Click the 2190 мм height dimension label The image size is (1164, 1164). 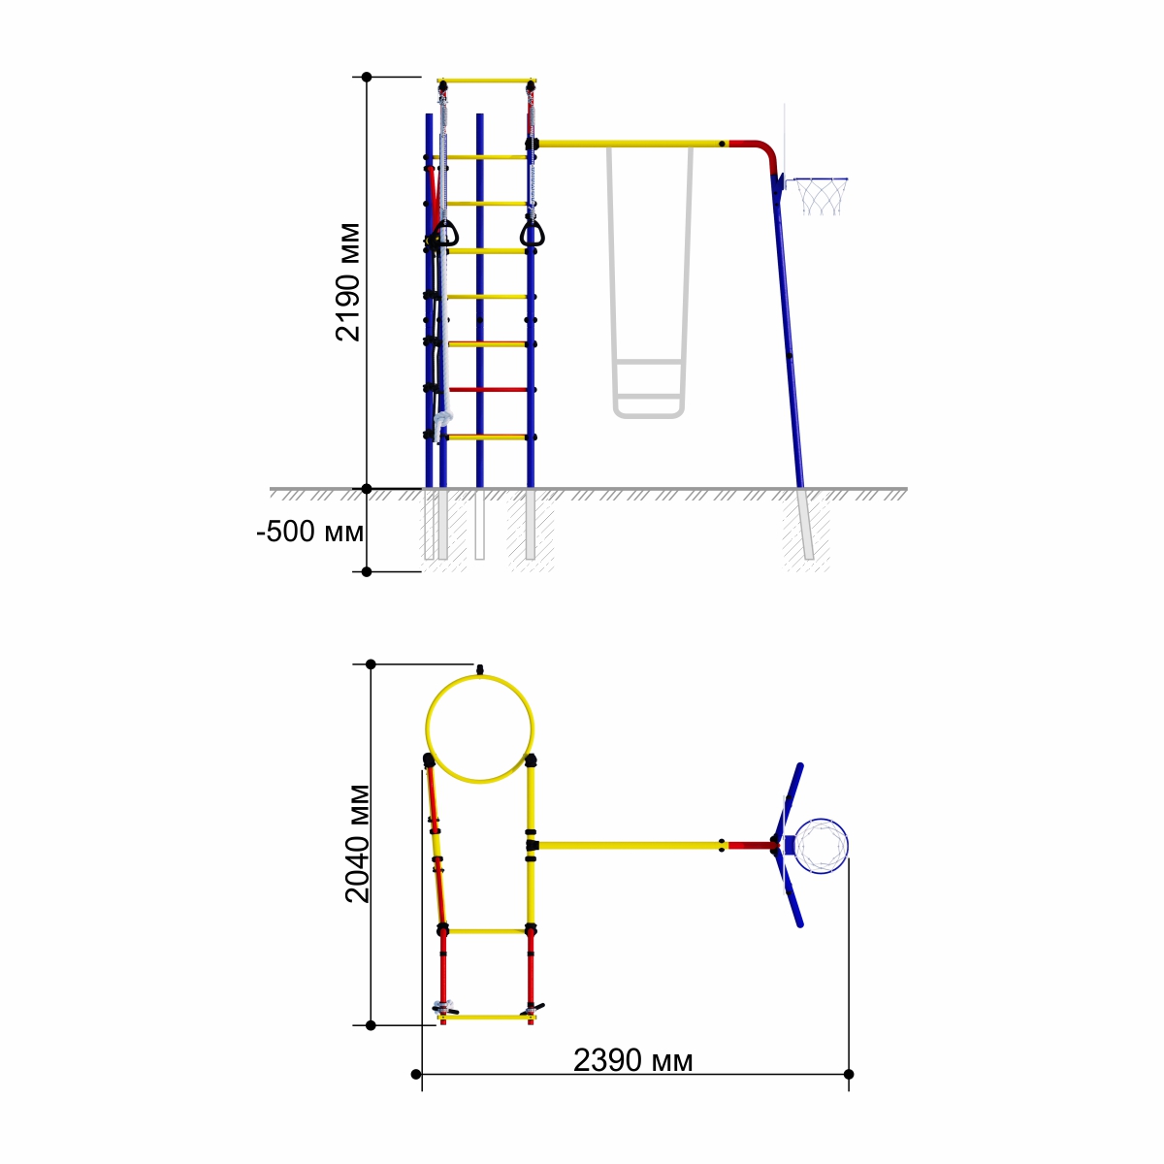point(348,282)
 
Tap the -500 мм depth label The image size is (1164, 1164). point(309,532)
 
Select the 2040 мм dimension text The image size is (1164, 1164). point(357,843)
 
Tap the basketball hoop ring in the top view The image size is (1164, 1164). point(821,846)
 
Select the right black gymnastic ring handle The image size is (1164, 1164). point(533,235)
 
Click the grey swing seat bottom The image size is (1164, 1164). point(648,414)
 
